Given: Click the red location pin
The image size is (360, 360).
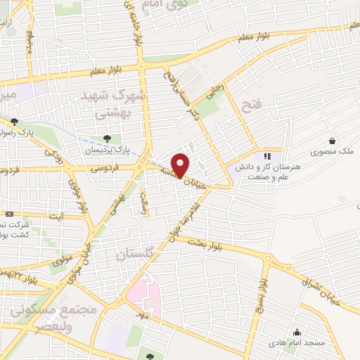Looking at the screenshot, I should click(x=181, y=165).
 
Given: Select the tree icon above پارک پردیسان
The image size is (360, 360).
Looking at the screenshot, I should click(x=107, y=139).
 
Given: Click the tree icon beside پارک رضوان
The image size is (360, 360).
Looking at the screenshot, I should click(x=14, y=122).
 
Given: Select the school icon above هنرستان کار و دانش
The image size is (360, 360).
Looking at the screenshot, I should click(x=266, y=156).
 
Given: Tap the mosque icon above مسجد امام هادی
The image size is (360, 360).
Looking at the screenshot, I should click(x=298, y=333).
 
